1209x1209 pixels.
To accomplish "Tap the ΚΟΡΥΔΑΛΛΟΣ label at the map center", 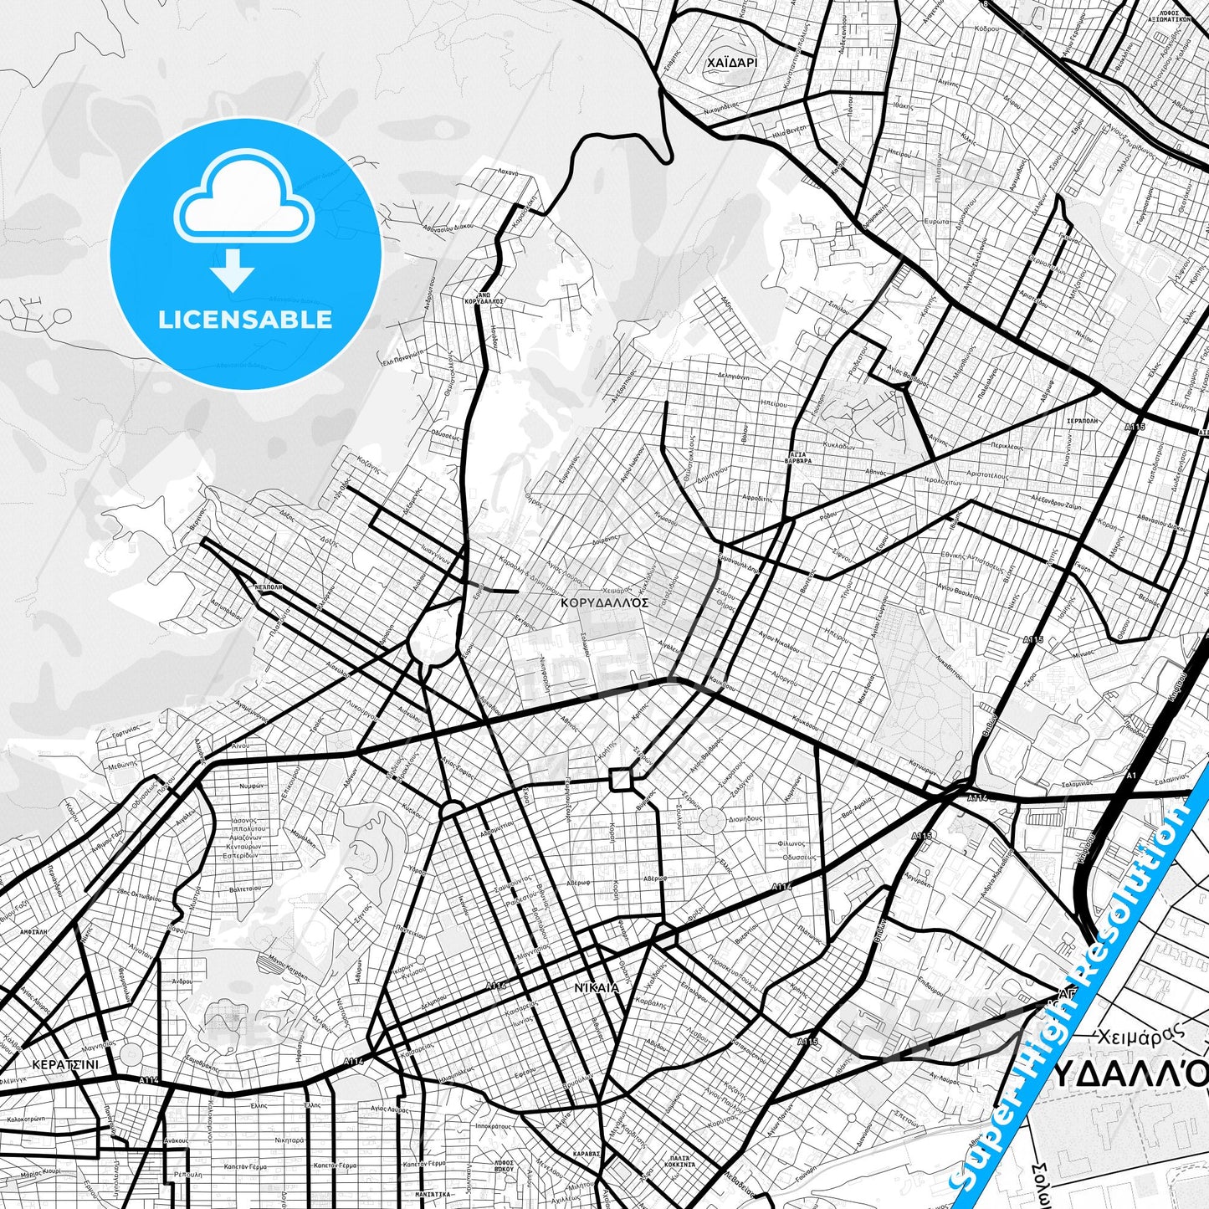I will point(605,602).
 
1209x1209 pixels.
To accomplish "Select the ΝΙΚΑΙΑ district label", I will point(597,987).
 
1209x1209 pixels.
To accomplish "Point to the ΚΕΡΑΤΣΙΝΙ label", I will point(64,1065).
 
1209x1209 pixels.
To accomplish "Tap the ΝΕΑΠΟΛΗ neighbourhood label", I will point(268,587).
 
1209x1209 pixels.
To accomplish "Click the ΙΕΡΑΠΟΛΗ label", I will point(1082,421).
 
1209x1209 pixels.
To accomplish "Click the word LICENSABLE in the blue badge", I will point(245,319).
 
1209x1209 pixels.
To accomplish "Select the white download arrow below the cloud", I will point(233,269).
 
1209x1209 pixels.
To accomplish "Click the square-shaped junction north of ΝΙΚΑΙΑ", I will point(621,780).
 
